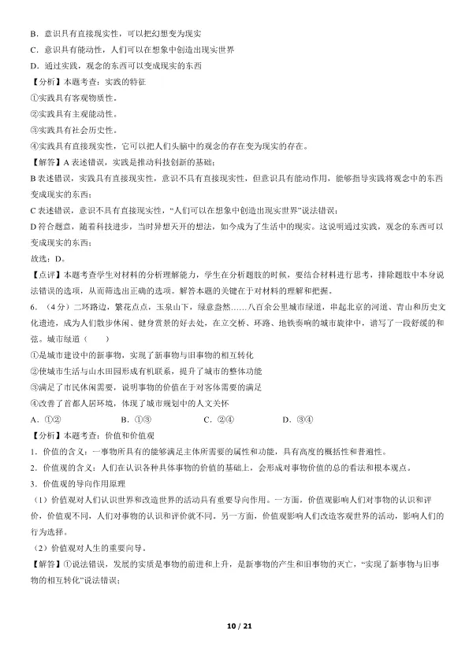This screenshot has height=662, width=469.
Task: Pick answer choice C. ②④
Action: point(218,418)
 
